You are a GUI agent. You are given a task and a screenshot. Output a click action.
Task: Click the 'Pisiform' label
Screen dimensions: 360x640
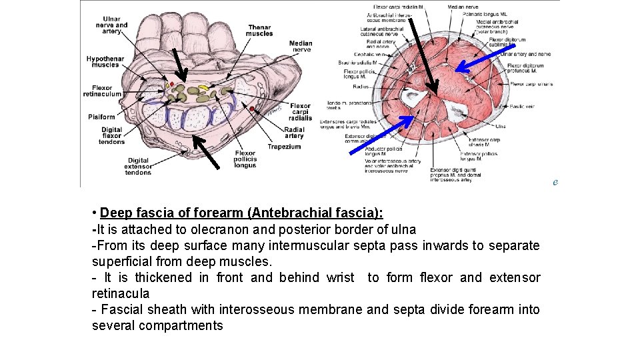click(x=102, y=117)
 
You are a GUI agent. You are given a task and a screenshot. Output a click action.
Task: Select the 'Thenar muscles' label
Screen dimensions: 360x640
click(x=259, y=31)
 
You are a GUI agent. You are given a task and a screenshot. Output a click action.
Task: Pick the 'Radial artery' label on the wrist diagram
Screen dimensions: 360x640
click(x=294, y=133)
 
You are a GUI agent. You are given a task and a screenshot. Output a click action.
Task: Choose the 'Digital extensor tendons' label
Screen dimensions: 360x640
click(x=139, y=167)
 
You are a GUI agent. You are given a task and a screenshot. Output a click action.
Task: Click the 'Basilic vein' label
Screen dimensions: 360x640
click(x=524, y=106)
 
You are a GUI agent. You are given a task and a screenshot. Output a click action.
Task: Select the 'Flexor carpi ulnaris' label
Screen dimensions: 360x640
click(x=531, y=84)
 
